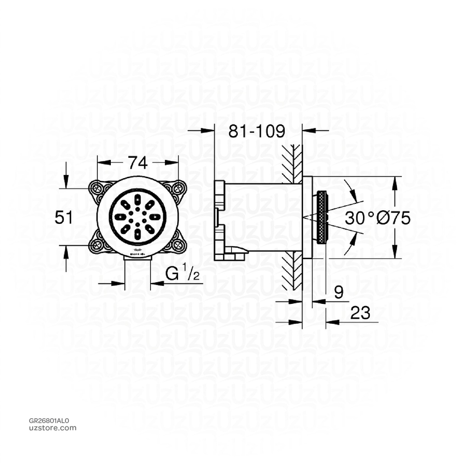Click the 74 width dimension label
tap(137, 162)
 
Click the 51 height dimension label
tap(64, 217)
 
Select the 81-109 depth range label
tap(256, 132)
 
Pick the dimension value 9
tap(339, 293)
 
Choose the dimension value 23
tap(360, 312)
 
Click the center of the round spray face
tap(137, 216)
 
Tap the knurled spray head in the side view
tap(321, 218)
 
